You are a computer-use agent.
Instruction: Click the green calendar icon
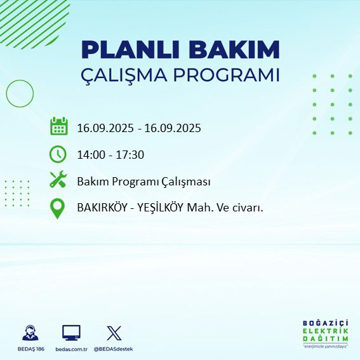pos(58,126)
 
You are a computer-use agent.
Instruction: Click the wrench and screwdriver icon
pos(58,180)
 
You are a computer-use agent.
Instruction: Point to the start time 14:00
pos(91,154)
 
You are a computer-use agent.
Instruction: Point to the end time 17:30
pos(130,154)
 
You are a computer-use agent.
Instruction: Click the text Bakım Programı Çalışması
pos(143,182)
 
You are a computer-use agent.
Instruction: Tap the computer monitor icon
pos(71,332)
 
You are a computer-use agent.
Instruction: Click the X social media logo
pos(114,332)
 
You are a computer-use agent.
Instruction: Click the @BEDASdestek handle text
pos(114,349)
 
